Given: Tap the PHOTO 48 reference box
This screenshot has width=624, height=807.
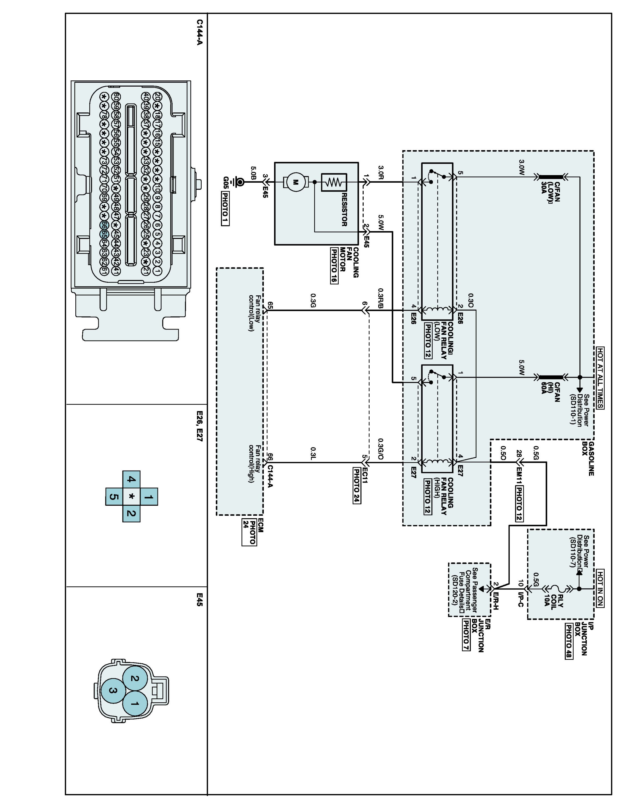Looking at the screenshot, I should (x=569, y=642).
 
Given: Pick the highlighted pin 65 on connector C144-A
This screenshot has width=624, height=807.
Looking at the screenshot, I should (x=104, y=234).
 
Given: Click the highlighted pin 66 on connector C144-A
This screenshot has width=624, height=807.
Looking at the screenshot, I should (x=104, y=225).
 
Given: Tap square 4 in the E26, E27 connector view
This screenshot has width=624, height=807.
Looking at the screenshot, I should (x=131, y=480).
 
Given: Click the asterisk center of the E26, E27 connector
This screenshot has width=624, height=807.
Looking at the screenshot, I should (x=131, y=497).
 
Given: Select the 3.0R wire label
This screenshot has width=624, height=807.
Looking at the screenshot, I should (x=381, y=172).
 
